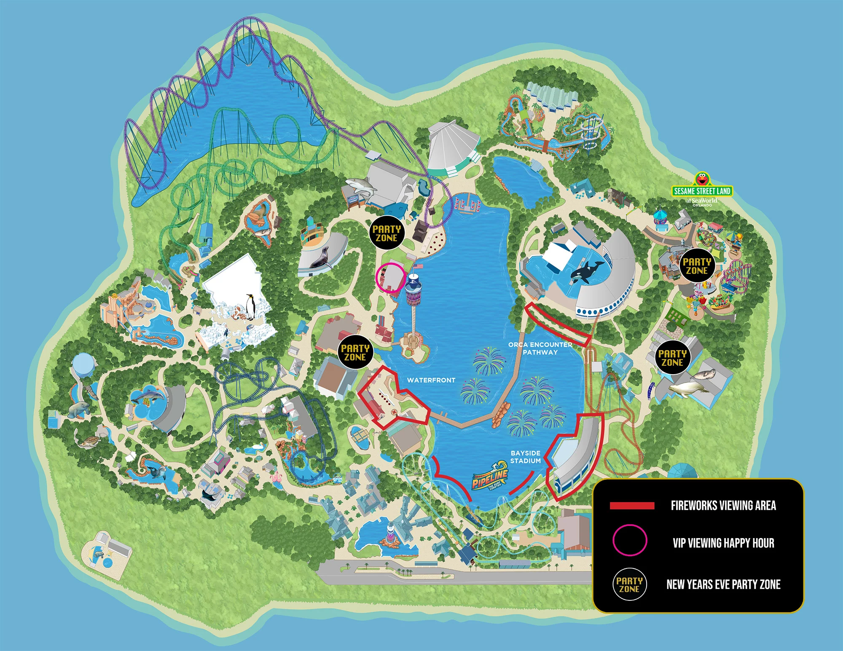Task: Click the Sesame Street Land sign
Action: pos(702,191)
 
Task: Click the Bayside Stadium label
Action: pos(525,457)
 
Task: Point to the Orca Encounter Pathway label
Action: pos(540,348)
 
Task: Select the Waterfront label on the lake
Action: pos(431,380)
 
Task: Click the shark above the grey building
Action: pos(361,186)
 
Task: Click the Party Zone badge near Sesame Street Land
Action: pos(697,266)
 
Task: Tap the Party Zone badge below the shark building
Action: pos(387,233)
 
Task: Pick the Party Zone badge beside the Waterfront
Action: pos(355,352)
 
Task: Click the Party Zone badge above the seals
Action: pos(672,358)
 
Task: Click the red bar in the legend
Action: pos(632,506)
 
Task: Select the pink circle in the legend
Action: pos(629,540)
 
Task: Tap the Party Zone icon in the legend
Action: pos(629,584)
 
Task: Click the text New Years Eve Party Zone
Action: pos(723,584)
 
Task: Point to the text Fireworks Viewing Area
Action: pos(723,505)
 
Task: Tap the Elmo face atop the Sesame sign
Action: pos(702,179)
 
